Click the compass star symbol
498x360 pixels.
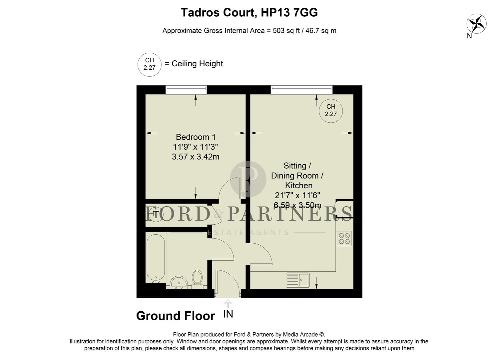click(476, 24)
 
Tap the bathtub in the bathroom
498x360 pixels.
click(156, 257)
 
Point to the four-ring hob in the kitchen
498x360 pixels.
click(344, 238)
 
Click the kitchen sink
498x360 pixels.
click(297, 280)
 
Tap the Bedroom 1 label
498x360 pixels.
click(196, 137)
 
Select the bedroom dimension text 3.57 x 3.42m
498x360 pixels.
click(196, 157)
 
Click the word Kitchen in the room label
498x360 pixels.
click(298, 185)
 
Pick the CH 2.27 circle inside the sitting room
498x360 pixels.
click(330, 110)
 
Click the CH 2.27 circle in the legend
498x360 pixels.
click(150, 64)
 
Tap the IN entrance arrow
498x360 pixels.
click(228, 303)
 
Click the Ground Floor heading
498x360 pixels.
click(176, 316)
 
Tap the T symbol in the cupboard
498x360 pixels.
click(155, 214)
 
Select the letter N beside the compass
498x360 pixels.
click(469, 36)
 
